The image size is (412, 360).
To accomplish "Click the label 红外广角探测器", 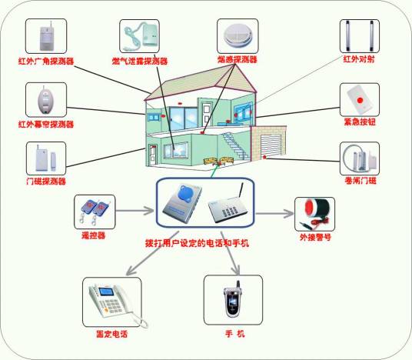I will [45, 61].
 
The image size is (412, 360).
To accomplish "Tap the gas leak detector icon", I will [140, 35].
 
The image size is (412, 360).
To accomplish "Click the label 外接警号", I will [315, 238].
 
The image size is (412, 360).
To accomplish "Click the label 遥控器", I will [94, 235].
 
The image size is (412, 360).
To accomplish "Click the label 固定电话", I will [111, 335].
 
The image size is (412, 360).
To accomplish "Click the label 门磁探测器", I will [45, 182].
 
